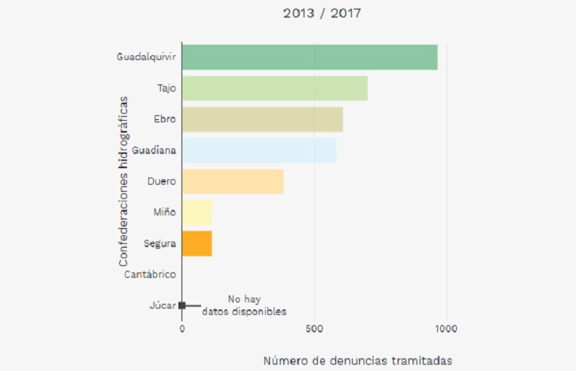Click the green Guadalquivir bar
309,58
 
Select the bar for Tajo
275,88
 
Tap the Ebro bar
262,119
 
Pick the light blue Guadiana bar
259,150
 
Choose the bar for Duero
233,182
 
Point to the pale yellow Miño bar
197,212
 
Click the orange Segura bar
197,243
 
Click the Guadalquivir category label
146,58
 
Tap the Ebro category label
164,119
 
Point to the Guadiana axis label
154,150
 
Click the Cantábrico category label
150,275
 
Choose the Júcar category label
162,305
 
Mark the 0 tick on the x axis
182,328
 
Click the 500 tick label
315,328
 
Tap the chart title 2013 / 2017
316,13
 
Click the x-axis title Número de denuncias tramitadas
357,361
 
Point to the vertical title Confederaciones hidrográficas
123,181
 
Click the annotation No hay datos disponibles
244,305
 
